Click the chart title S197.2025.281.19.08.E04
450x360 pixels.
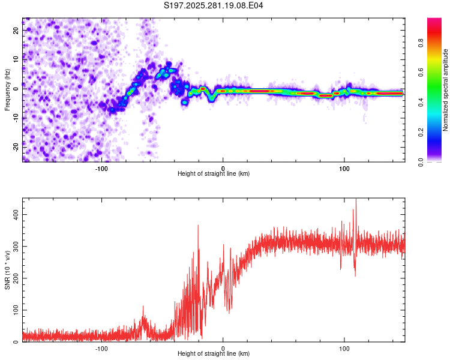pos(214,6)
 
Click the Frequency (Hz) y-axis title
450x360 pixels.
pos(8,90)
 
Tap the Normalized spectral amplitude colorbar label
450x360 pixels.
pos(446,90)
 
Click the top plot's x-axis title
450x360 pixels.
pos(214,173)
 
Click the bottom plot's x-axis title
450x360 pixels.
pos(214,353)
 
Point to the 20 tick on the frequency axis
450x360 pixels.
pos(17,31)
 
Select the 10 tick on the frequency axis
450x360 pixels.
pos(17,60)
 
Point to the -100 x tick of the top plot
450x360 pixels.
pos(101,167)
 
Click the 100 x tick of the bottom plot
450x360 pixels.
pos(344,347)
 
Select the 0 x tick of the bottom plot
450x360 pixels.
pos(223,347)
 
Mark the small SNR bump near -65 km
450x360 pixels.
pos(143,307)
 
